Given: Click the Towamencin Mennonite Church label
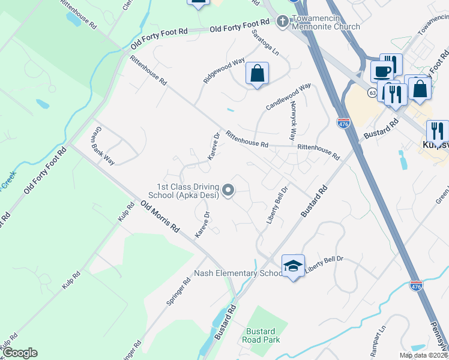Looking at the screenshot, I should [326, 23].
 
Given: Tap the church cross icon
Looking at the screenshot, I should [282, 22].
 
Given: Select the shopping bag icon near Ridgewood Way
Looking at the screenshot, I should [257, 74].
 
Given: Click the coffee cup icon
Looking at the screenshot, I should [382, 71].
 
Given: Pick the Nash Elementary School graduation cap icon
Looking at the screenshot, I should [293, 266].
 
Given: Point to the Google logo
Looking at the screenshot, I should [19, 353].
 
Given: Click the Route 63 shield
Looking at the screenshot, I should [373, 92].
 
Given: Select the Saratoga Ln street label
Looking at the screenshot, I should [265, 43].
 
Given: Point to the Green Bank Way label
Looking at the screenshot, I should [102, 146].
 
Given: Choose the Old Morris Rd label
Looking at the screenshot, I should [160, 218].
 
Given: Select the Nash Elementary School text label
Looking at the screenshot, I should [238, 274].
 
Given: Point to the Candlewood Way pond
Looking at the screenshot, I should [231, 110].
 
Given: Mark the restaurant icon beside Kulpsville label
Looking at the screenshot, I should [436, 131].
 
